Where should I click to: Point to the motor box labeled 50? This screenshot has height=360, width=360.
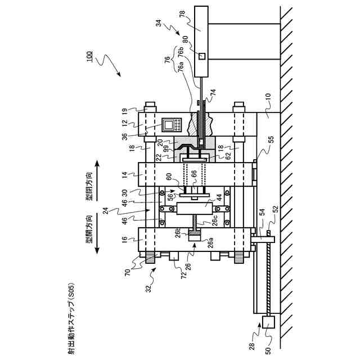click(267, 323)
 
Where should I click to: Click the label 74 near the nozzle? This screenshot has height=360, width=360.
click(213, 92)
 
